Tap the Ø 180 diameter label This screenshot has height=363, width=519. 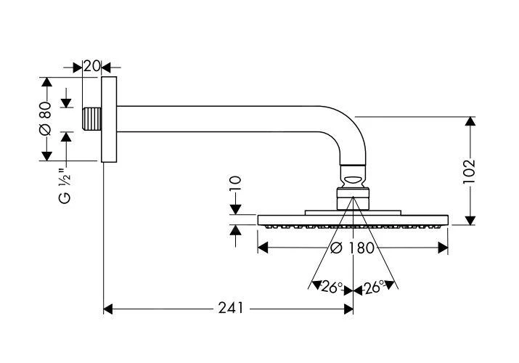[x=352, y=248]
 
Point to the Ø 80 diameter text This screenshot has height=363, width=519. [x=45, y=118]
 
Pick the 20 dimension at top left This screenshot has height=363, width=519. [x=91, y=66]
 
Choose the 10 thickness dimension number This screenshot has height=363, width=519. [x=234, y=186]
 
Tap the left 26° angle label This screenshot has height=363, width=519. [x=331, y=287]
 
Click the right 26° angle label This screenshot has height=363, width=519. [x=375, y=287]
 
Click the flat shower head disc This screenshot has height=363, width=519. [x=353, y=219]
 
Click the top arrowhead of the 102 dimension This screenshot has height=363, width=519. [x=470, y=121]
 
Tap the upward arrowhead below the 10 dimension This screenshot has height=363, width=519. [x=235, y=230]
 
